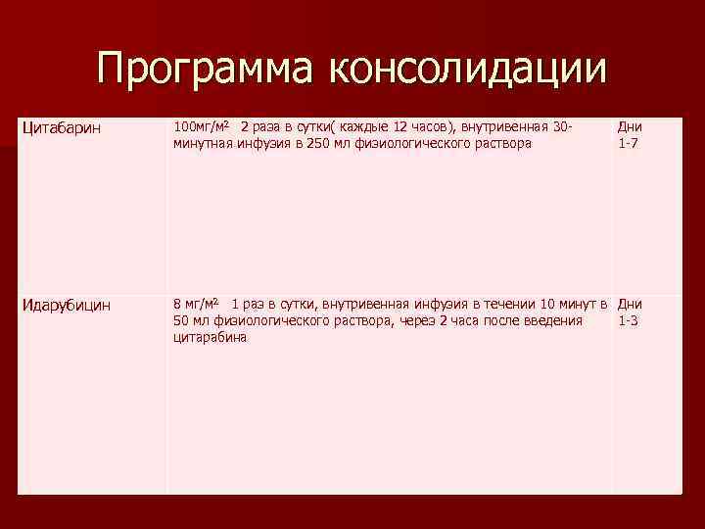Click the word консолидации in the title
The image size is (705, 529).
point(468,70)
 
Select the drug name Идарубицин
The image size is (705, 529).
point(66,305)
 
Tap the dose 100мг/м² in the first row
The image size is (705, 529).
point(201,127)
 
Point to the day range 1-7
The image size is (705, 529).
point(628,143)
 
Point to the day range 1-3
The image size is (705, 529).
point(628,320)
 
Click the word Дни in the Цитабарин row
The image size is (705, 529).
point(629,127)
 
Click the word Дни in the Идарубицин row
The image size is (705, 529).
point(630,304)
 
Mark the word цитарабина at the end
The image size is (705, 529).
point(210,338)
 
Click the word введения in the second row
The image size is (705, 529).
point(554,320)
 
